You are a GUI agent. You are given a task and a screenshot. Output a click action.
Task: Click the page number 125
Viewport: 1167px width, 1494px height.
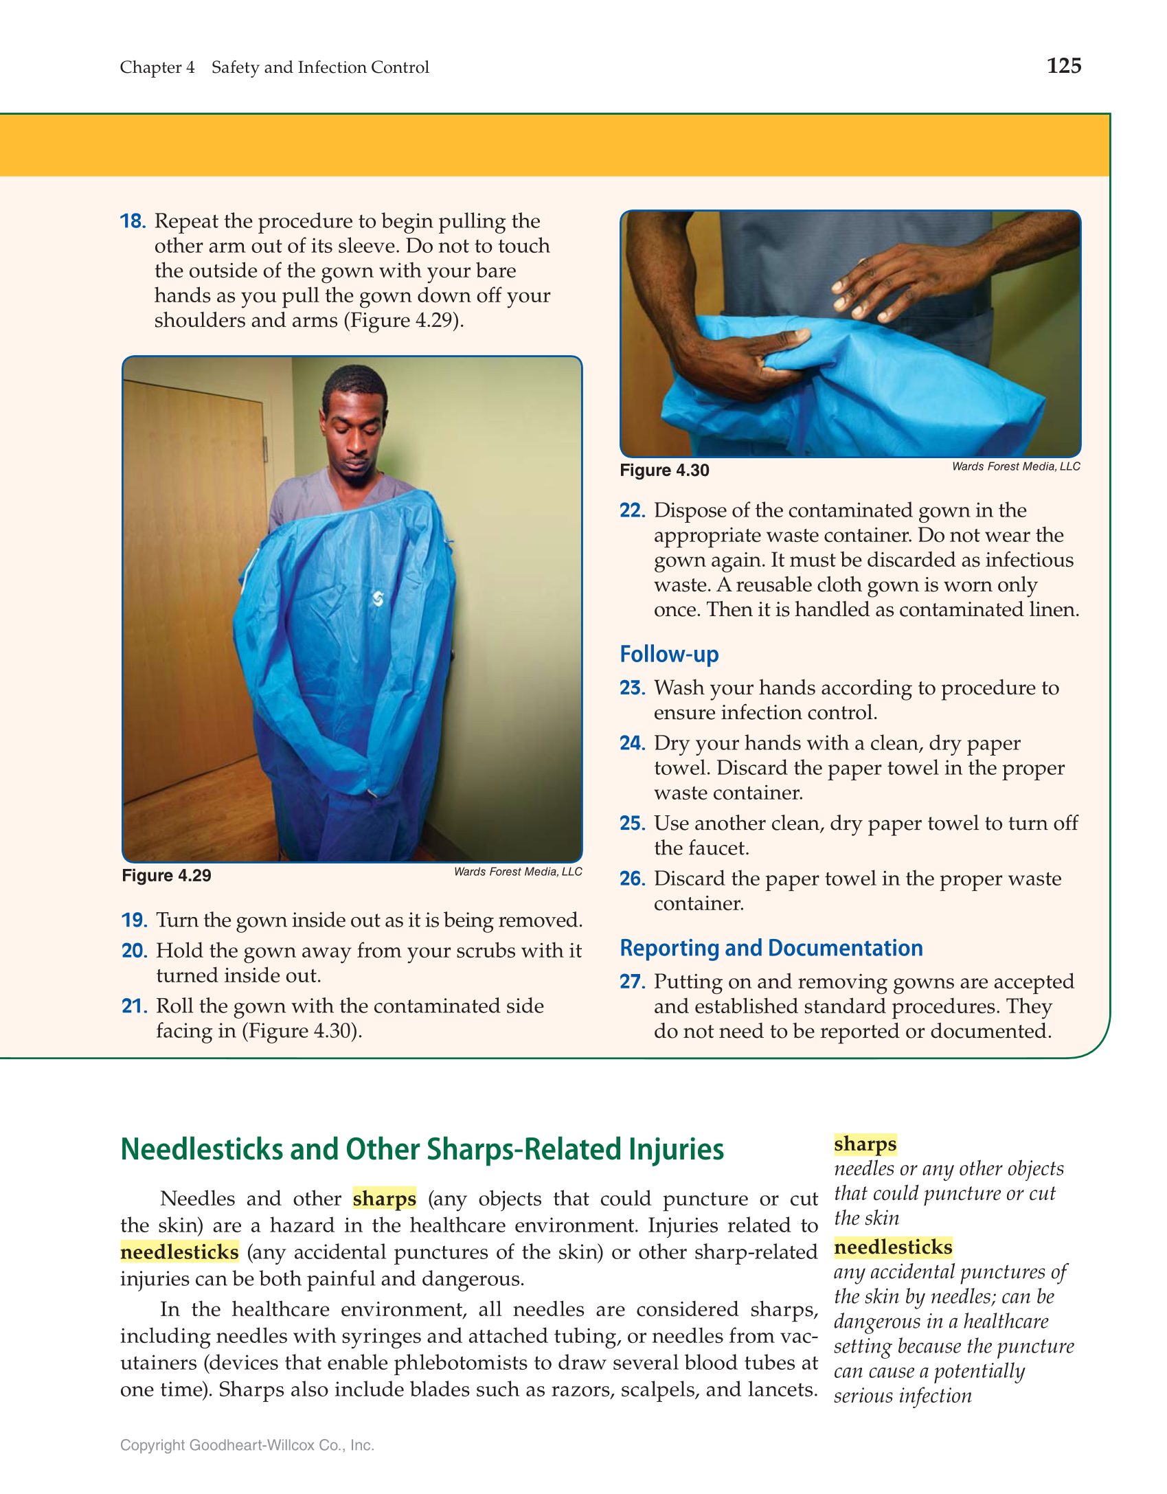tap(1063, 66)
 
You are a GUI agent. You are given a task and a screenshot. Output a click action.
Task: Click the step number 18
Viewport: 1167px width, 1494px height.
tap(133, 221)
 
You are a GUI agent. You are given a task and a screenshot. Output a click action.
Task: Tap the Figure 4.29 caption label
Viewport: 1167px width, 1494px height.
tap(166, 876)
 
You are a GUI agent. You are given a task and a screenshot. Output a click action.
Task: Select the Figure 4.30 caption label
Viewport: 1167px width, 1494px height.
tap(664, 471)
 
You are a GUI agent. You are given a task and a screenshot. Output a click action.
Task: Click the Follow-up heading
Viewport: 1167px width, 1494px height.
tap(669, 654)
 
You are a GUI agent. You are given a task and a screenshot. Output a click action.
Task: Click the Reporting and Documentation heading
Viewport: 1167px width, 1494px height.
tap(771, 948)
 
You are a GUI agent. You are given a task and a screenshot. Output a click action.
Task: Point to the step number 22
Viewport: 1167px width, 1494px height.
tap(632, 510)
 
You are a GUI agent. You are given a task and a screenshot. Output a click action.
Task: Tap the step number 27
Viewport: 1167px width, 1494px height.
tap(632, 982)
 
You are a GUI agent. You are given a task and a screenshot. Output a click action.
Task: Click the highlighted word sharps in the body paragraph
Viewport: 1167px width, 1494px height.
tap(384, 1199)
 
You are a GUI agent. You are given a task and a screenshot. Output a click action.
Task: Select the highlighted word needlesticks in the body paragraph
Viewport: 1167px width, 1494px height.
tap(179, 1252)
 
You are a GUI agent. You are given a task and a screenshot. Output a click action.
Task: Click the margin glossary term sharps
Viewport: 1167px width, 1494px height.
tap(865, 1144)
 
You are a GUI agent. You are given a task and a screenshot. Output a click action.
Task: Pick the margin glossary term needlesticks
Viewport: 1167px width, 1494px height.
tap(893, 1247)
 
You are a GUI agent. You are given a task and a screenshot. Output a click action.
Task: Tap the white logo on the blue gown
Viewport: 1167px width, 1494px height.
tap(378, 599)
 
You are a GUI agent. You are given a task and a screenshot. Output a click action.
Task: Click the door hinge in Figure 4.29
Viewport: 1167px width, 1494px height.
tap(265, 450)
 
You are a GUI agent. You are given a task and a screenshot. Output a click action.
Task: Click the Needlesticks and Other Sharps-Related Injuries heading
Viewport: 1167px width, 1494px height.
tap(422, 1150)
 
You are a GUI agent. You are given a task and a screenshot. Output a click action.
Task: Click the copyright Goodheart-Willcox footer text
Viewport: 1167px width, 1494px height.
tap(247, 1445)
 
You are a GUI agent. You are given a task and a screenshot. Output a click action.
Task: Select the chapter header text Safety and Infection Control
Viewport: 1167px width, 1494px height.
tap(320, 67)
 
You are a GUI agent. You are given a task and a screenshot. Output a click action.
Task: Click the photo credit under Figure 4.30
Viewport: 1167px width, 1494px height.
tap(1015, 466)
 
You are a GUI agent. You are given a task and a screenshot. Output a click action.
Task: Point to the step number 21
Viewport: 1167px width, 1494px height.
tap(134, 1006)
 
